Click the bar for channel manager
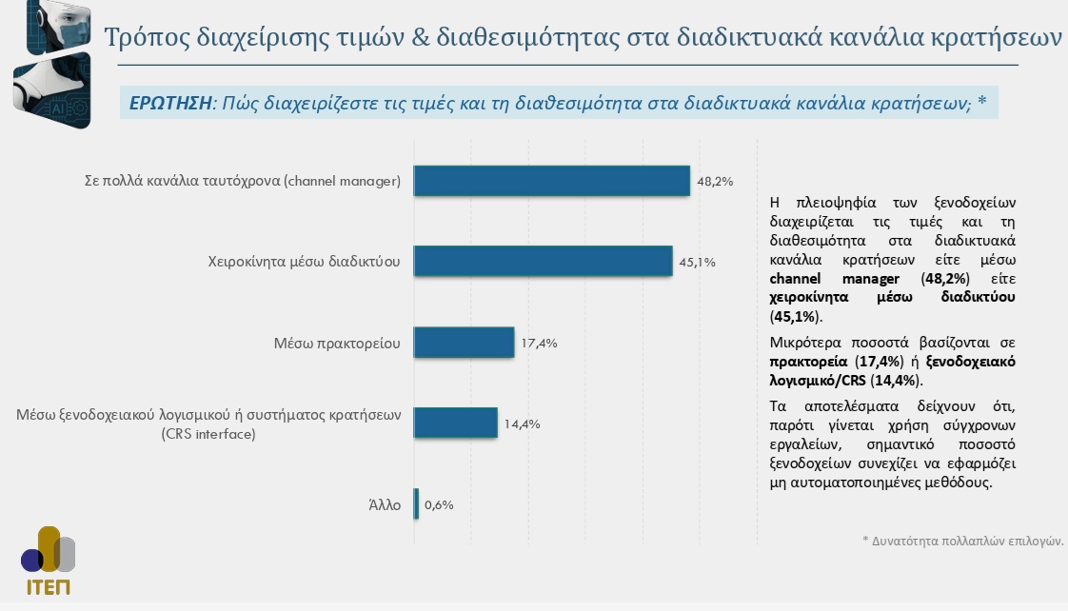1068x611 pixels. pyautogui.click(x=551, y=181)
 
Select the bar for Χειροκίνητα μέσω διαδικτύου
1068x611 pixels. pyautogui.click(x=543, y=261)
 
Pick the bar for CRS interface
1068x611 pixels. pyautogui.click(x=455, y=423)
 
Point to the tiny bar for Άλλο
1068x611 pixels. pyautogui.click(x=416, y=504)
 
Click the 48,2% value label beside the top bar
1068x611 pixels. pyautogui.click(x=715, y=181)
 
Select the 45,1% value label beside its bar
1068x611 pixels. pyautogui.click(x=697, y=262)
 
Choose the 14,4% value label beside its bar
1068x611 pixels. pyautogui.click(x=523, y=424)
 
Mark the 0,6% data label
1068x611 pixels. pyautogui.click(x=439, y=504)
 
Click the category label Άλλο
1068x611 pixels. pyautogui.click(x=385, y=504)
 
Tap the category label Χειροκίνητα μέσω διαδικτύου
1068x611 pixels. pyautogui.click(x=303, y=261)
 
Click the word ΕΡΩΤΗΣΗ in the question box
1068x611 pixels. pyautogui.click(x=169, y=104)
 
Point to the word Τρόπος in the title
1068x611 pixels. pyautogui.click(x=146, y=38)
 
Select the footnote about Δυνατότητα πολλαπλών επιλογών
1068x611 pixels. pyautogui.click(x=961, y=540)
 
